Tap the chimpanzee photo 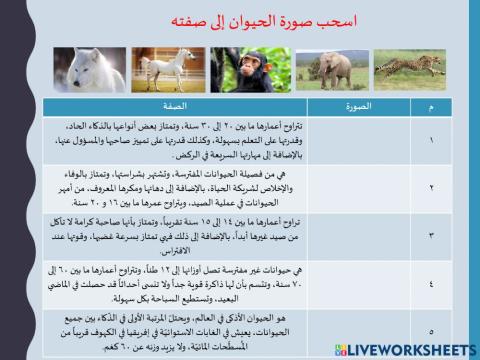pyautogui.click(x=251, y=69)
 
